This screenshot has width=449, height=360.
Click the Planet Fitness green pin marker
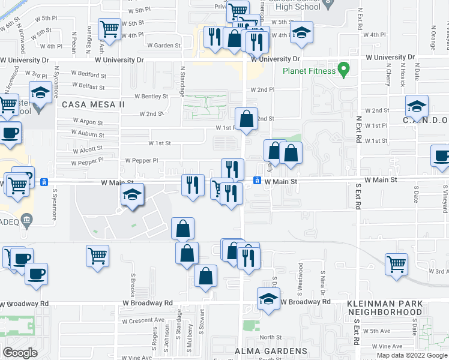pyautogui.click(x=343, y=70)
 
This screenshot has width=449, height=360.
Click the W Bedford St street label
pyautogui.click(x=88, y=76)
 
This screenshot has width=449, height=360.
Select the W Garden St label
pyautogui.click(x=163, y=45)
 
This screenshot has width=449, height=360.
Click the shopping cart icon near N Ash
pyautogui.click(x=109, y=28)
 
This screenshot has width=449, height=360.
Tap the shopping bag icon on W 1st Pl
pyautogui.click(x=246, y=119)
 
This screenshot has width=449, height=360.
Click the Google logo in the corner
pyautogui.click(x=20, y=353)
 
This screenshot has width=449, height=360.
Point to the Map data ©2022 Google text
pyautogui.click(x=412, y=355)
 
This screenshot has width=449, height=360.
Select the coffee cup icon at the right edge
pyautogui.click(x=442, y=157)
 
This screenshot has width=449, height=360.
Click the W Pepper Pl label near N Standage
pyautogui.click(x=141, y=161)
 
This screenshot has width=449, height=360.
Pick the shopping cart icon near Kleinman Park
pyautogui.click(x=396, y=264)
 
